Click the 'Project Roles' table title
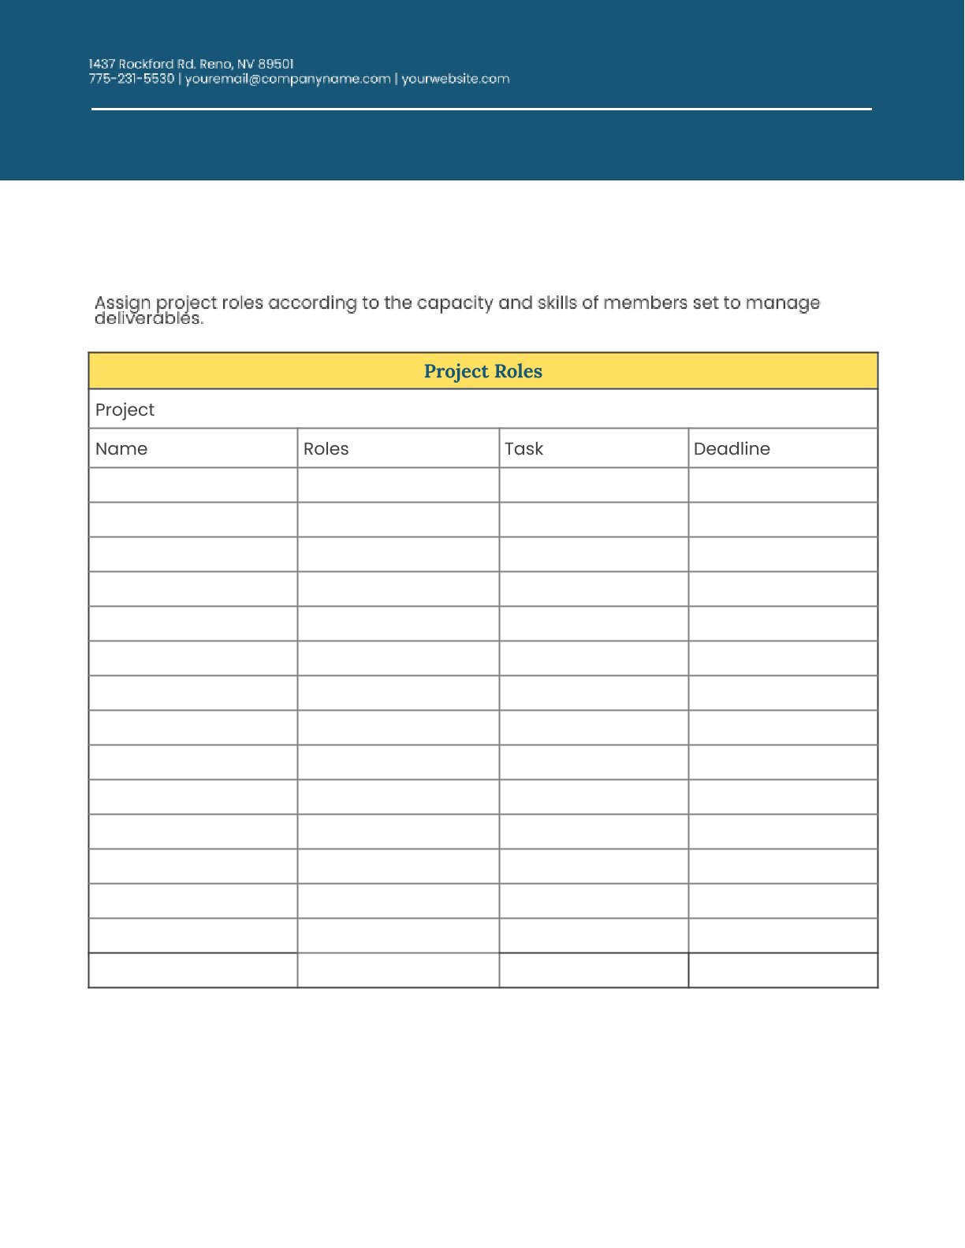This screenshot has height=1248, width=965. (x=482, y=371)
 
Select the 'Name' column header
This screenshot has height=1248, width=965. (x=121, y=449)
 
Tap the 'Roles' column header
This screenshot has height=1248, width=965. (x=326, y=449)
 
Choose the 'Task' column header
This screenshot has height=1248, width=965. (x=523, y=449)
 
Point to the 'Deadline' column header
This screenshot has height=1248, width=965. (x=732, y=449)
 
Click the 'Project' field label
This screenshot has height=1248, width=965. (x=125, y=410)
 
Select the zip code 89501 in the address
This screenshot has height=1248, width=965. (x=276, y=64)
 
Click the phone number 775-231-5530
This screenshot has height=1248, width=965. (x=131, y=79)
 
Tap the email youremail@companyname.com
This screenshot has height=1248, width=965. (x=288, y=79)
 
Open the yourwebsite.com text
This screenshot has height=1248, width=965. (x=456, y=79)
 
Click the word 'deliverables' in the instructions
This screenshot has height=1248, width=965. (x=148, y=319)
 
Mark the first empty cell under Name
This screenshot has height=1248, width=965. (x=193, y=485)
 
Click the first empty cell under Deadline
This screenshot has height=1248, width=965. (x=783, y=485)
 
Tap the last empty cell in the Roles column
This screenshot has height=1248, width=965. (x=398, y=971)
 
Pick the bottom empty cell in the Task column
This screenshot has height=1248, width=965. (x=594, y=971)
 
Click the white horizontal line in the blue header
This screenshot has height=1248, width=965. (x=481, y=109)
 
